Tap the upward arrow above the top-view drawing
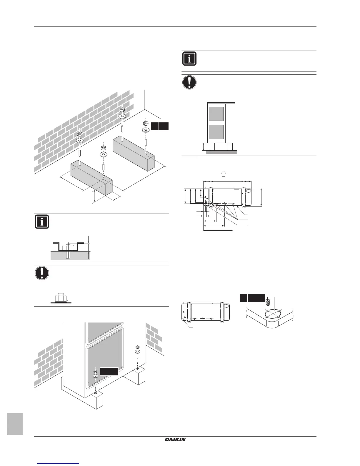coord(223,174)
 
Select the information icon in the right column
coord(189,59)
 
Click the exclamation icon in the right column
coord(189,82)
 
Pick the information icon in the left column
coord(42,222)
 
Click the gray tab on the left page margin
coord(15,424)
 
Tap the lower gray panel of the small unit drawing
coord(216,132)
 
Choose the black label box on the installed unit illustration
coord(109,371)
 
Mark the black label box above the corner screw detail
coord(252,298)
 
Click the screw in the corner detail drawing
coord(267,302)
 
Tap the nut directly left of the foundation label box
coord(145,123)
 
